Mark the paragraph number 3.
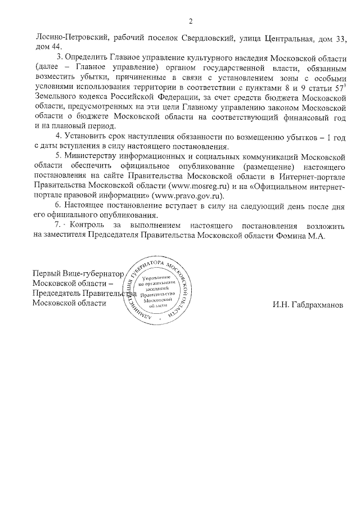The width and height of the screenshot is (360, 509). coord(60,58)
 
